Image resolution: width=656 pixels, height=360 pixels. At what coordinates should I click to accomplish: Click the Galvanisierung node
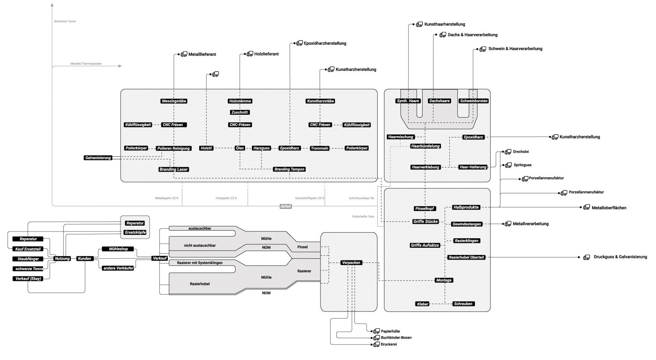[98, 158]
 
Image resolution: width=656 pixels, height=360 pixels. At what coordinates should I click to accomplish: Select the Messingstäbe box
[174, 101]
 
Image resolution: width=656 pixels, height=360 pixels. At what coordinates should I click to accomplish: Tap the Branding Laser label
[173, 169]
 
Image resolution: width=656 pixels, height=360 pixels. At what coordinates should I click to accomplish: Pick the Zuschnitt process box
[240, 112]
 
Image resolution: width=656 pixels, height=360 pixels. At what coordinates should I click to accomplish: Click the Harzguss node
[261, 148]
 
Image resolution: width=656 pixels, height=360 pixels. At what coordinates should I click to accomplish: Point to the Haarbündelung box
[425, 146]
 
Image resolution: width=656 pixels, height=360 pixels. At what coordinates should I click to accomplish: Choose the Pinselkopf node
[425, 208]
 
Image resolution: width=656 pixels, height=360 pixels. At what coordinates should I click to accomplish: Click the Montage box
[443, 280]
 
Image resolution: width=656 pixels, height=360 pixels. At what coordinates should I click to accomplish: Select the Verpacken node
[351, 263]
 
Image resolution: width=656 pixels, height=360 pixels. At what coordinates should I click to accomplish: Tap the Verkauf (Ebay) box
[28, 278]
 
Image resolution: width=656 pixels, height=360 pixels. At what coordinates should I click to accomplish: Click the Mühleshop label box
[118, 249]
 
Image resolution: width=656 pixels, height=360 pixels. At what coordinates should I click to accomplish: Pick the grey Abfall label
[285, 206]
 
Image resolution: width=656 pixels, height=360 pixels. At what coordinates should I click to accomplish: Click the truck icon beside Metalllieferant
[184, 54]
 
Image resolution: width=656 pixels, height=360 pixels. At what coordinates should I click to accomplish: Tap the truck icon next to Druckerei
[377, 345]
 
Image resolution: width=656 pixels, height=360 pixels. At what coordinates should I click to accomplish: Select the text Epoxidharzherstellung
[325, 44]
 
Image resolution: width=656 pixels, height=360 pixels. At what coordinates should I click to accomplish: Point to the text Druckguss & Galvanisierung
[620, 257]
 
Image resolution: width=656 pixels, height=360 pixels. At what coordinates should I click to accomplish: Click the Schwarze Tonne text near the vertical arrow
[65, 21]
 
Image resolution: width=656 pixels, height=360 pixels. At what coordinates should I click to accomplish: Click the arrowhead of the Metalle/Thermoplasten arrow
[120, 66]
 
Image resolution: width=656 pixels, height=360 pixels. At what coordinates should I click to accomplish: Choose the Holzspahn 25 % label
[226, 198]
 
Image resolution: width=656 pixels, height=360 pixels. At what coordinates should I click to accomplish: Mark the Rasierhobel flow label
[200, 284]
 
